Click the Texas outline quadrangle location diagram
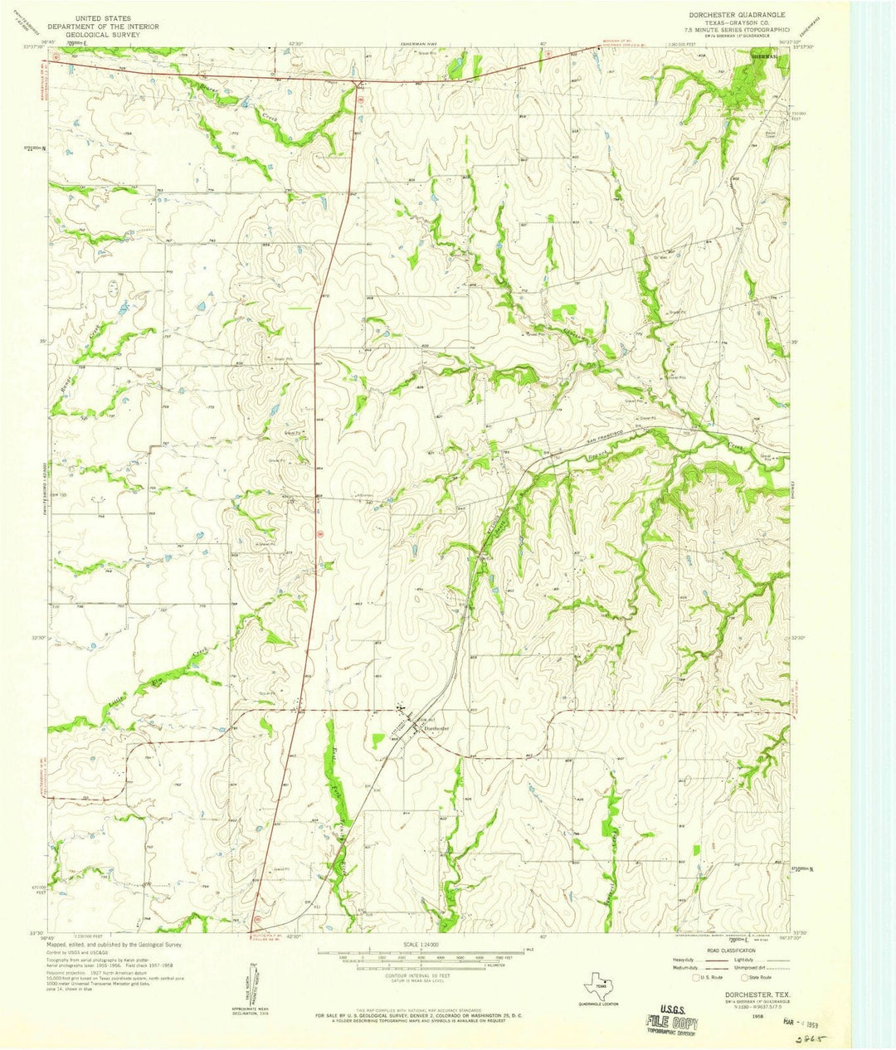pos(599,989)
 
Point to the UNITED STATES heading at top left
pos(106,17)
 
